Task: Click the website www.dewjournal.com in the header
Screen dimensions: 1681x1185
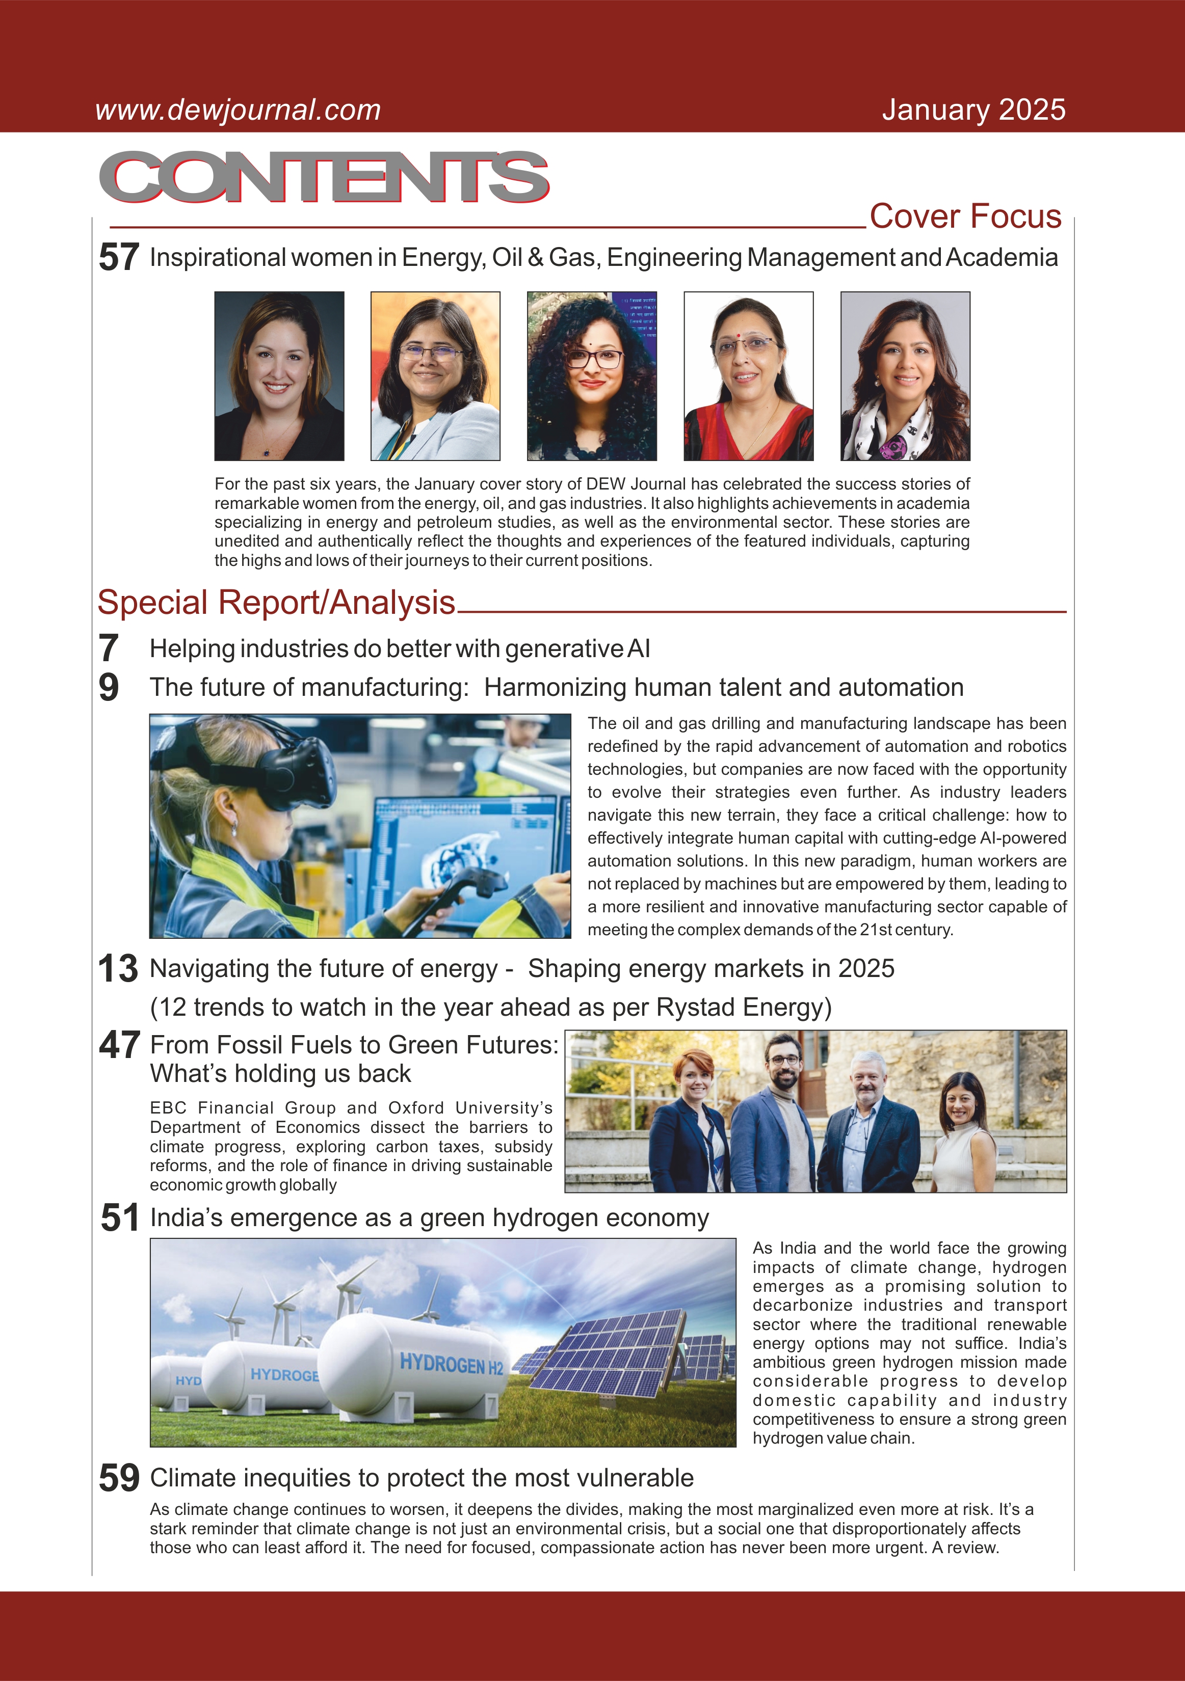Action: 238,110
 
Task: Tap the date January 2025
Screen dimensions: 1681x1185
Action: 973,110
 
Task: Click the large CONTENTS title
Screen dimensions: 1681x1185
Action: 324,177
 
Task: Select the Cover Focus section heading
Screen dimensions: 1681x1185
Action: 965,216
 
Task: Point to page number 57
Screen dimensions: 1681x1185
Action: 119,258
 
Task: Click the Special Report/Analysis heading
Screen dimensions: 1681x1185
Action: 277,603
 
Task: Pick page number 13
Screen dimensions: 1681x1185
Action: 118,969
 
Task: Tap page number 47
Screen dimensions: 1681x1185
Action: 119,1045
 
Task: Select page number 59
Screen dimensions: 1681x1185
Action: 119,1477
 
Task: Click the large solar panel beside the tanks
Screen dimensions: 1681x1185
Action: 615,1351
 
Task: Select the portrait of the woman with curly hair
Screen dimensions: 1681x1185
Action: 592,376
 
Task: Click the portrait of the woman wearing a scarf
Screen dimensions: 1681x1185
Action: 905,376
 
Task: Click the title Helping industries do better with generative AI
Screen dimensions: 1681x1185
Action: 400,648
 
